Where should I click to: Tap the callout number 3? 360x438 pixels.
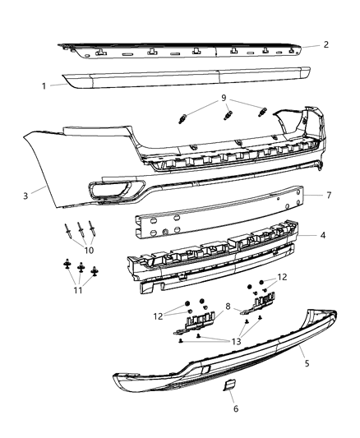pos(26,195)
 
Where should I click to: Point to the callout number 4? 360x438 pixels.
pos(323,235)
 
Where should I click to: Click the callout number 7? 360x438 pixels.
pos(328,196)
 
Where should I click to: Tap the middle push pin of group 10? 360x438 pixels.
pos(79,229)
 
